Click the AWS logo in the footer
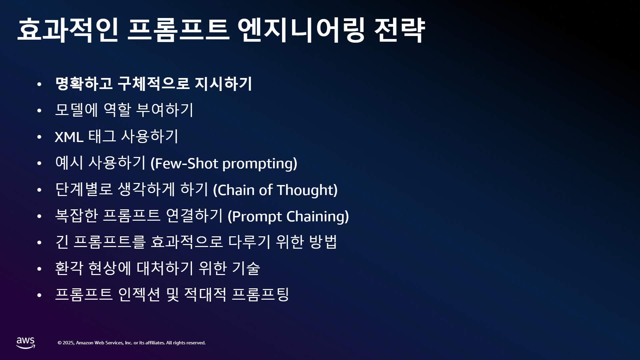point(26,343)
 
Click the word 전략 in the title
point(400,30)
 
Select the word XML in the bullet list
point(69,137)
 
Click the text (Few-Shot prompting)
point(224,163)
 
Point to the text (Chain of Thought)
point(275,190)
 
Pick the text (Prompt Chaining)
point(288,216)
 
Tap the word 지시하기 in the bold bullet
point(223,83)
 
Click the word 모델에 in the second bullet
point(76,110)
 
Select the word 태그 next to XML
point(102,136)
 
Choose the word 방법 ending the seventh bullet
point(323,242)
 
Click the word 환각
point(69,268)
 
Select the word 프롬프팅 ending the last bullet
point(260,294)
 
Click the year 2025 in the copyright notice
point(68,343)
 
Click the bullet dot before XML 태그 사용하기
point(39,137)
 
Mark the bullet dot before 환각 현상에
point(39,269)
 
